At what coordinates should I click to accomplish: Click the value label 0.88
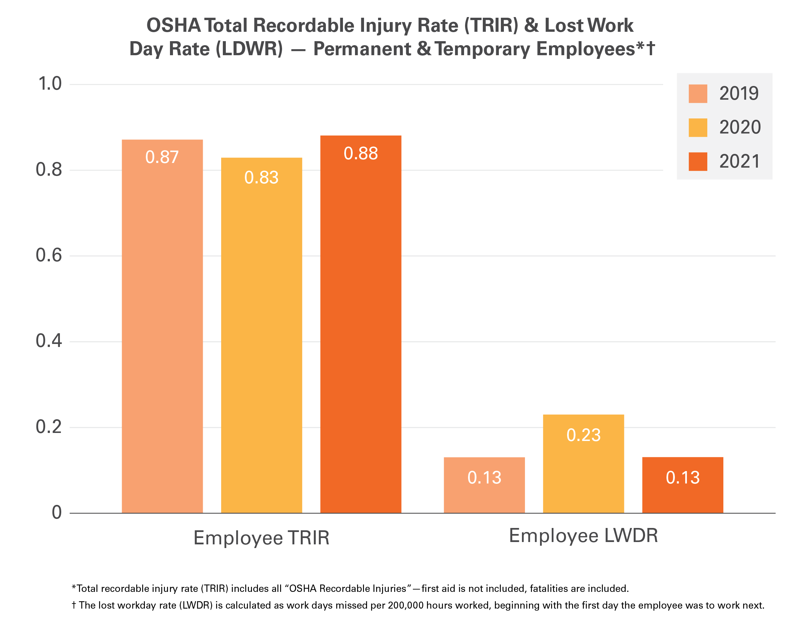click(361, 154)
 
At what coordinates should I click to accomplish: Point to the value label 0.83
click(261, 178)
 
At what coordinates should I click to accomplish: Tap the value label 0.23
click(584, 435)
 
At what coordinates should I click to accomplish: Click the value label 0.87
click(162, 157)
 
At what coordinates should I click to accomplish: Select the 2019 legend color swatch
click(698, 93)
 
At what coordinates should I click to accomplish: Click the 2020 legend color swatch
click(698, 127)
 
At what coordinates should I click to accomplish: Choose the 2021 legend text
click(739, 162)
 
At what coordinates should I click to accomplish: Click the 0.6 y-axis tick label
click(49, 255)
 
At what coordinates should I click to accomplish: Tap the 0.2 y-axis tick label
click(49, 427)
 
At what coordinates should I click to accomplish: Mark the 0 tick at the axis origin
click(57, 513)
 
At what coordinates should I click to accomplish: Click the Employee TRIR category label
click(261, 538)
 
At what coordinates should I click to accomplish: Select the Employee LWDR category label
click(583, 536)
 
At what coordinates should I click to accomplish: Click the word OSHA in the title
click(173, 26)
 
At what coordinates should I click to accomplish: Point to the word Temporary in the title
click(482, 49)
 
